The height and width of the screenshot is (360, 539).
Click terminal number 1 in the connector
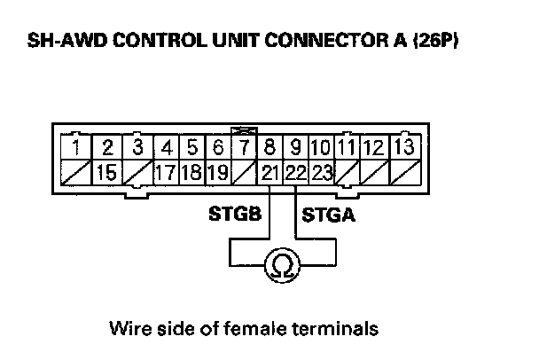[78, 146]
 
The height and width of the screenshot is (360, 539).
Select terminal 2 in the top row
[107, 146]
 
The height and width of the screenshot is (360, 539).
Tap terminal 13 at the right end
[404, 146]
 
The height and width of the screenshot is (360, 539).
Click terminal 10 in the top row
[321, 146]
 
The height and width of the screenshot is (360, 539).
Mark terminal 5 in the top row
[191, 146]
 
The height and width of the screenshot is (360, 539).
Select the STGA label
[330, 215]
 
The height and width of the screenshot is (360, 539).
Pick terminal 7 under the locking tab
[245, 146]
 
